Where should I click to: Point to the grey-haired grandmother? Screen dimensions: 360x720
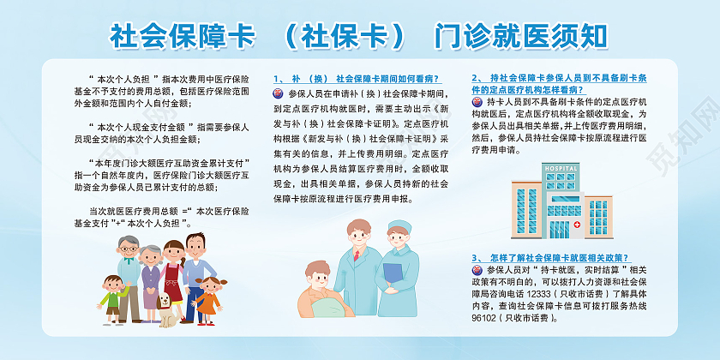151,274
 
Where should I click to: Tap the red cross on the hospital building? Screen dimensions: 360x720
579,225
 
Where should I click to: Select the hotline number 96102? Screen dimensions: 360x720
486,317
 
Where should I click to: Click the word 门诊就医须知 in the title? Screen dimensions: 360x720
521,36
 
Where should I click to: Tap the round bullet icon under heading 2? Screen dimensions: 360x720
477,102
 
